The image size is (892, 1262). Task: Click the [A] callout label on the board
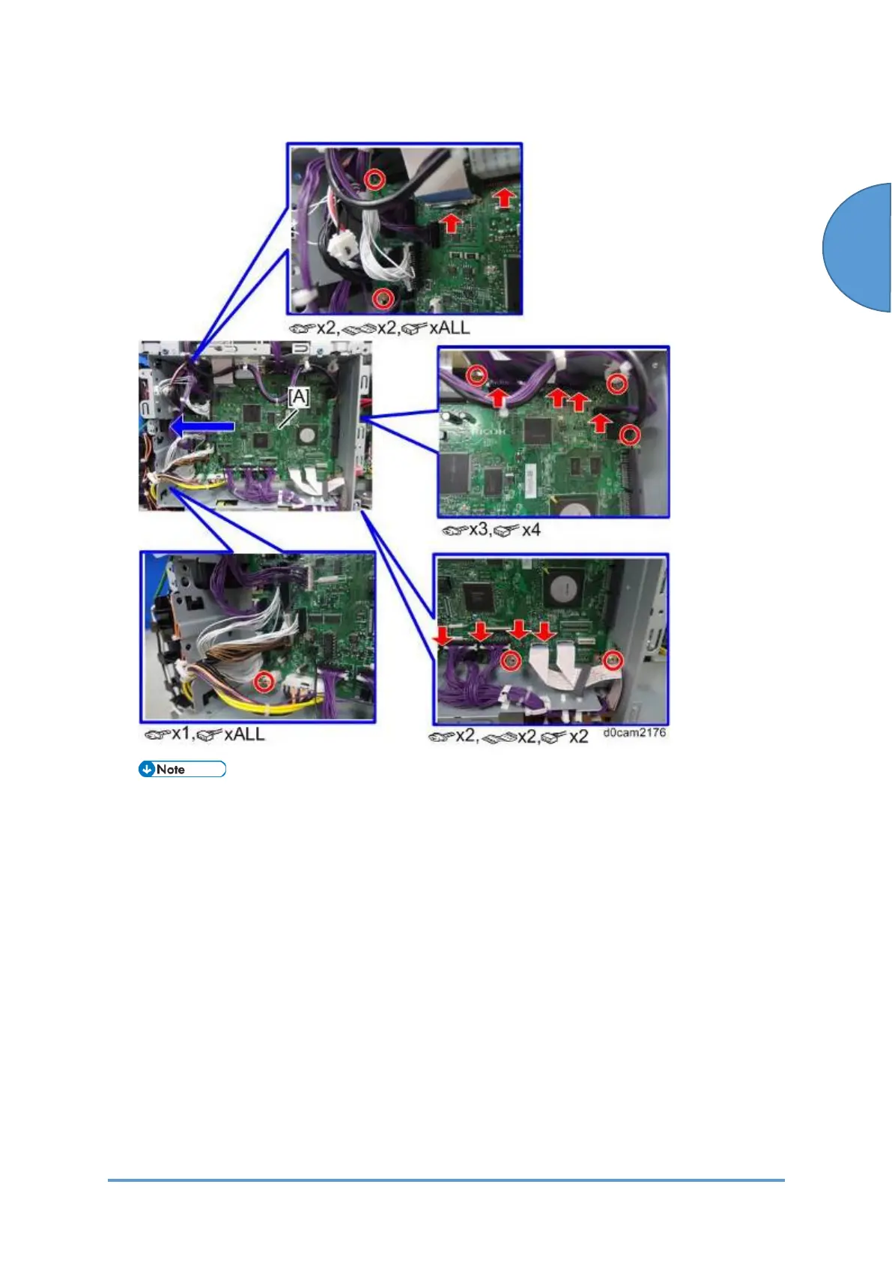(298, 396)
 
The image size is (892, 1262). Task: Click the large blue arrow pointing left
(203, 426)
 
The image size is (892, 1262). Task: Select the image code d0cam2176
(634, 732)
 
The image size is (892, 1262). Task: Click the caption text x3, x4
(491, 530)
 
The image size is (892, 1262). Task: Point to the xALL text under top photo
(449, 327)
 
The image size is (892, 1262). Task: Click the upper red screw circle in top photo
(376, 179)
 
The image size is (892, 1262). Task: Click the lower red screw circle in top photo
(383, 298)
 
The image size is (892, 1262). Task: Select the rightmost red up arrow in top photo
(505, 197)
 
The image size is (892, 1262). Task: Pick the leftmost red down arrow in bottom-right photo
(443, 636)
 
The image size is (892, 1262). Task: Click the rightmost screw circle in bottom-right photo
(613, 660)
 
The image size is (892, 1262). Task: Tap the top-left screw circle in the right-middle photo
(476, 374)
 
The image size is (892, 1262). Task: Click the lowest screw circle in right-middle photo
(631, 435)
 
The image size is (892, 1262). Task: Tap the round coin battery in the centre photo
(307, 435)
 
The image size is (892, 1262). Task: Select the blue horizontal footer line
(446, 1180)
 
